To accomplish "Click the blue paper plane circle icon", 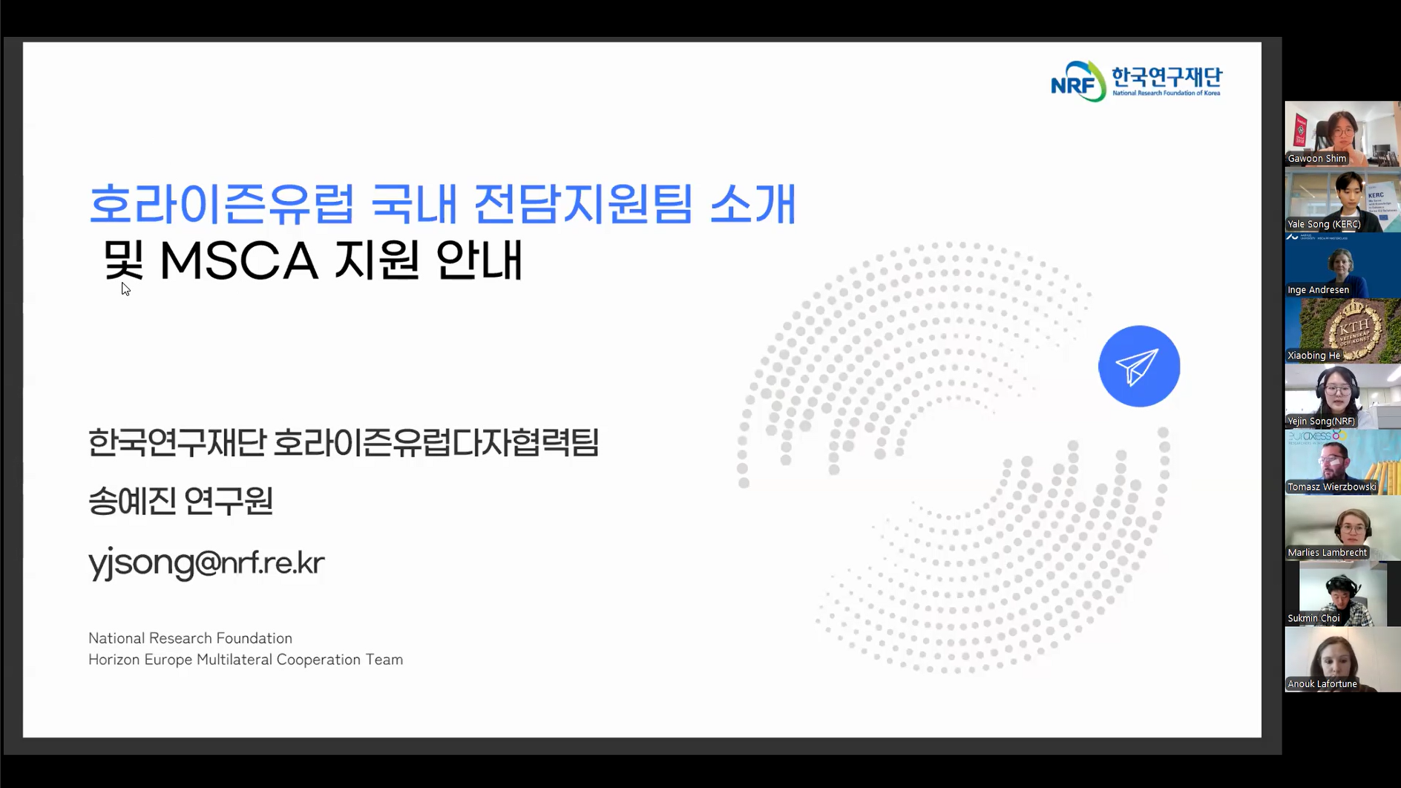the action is pos(1139,366).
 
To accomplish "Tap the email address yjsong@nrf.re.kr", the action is pos(206,563).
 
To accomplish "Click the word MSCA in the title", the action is pos(238,260).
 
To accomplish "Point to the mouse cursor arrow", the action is pos(125,289).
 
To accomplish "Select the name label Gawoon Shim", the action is pos(1316,158).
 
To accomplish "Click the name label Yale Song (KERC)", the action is pos(1324,224).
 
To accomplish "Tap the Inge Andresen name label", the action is pos(1318,289).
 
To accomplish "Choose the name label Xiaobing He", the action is pos(1313,355).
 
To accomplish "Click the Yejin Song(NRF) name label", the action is pos(1321,421).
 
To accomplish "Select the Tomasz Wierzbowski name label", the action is pos(1332,487).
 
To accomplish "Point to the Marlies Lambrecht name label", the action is pos(1327,552).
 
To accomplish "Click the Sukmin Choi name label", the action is pos(1313,618).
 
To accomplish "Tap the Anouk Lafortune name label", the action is pos(1322,683).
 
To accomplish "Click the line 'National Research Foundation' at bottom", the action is pos(190,638).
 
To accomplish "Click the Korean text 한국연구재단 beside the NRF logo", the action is pos(1167,77).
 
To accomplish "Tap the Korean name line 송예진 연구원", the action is pos(181,501).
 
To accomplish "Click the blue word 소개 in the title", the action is pos(753,203).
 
